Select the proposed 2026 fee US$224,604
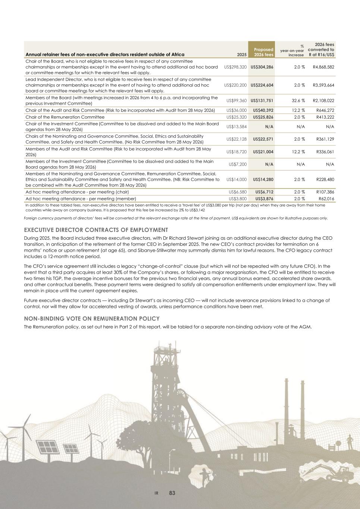[x=262, y=85]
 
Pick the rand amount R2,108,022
[x=322, y=101]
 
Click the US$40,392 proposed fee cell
[x=263, y=110]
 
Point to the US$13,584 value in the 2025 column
[x=237, y=126]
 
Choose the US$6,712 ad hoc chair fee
[x=264, y=192]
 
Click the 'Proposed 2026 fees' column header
[x=263, y=52]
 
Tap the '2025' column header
[x=242, y=55]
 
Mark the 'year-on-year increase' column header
[x=293, y=53]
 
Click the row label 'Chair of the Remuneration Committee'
[x=65, y=117]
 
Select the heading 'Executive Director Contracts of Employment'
[x=96, y=230]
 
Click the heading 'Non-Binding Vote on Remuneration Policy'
[x=92, y=318]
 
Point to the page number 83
[x=172, y=493]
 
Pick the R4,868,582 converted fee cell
[x=322, y=67]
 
